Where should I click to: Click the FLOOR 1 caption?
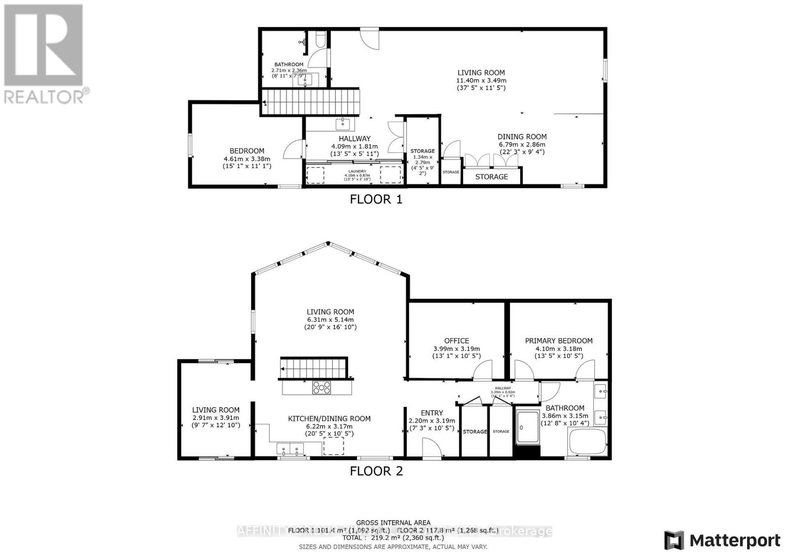tap(376, 199)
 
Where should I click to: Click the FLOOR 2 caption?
tap(376, 471)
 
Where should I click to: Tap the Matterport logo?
tap(722, 540)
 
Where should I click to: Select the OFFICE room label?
tap(456, 341)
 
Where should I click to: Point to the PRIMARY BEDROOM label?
tap(558, 341)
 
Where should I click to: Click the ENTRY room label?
tap(431, 413)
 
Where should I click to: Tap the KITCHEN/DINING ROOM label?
tap(329, 418)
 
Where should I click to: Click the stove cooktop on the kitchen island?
tap(322, 388)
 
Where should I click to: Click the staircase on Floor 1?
tap(312, 102)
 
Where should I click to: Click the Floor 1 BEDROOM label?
tap(247, 151)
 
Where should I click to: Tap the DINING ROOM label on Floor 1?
tap(522, 137)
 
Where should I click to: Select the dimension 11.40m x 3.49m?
tap(481, 80)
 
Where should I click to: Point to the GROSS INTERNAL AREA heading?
tap(393, 523)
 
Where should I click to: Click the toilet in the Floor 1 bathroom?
tap(320, 39)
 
